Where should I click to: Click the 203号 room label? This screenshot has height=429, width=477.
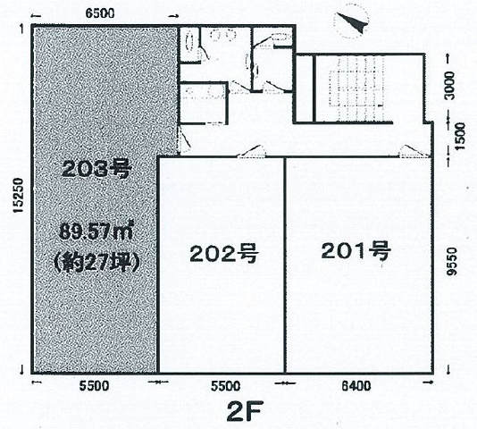point(96,169)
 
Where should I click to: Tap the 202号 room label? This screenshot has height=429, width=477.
point(224,254)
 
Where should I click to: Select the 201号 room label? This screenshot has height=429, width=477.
point(356,251)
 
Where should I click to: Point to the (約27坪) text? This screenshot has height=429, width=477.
point(96,262)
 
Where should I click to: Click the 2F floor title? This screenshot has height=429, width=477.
point(244,412)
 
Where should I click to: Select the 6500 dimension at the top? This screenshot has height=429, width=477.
point(99,13)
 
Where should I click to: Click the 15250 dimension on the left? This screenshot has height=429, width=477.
point(18,195)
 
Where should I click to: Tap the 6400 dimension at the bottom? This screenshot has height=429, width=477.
point(356,386)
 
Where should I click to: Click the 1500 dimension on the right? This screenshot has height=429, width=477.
point(460,136)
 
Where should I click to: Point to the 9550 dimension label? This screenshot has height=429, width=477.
point(453,262)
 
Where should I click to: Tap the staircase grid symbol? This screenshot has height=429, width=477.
point(356,88)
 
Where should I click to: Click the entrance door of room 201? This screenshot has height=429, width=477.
point(415,151)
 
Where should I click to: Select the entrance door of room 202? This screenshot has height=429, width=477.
point(252,151)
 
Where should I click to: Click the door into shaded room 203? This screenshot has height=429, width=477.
point(184,139)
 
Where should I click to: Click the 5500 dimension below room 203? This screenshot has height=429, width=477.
point(94,386)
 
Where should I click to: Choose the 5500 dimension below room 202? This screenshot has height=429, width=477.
point(226,386)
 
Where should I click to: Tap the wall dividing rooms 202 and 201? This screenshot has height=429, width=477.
point(285,265)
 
